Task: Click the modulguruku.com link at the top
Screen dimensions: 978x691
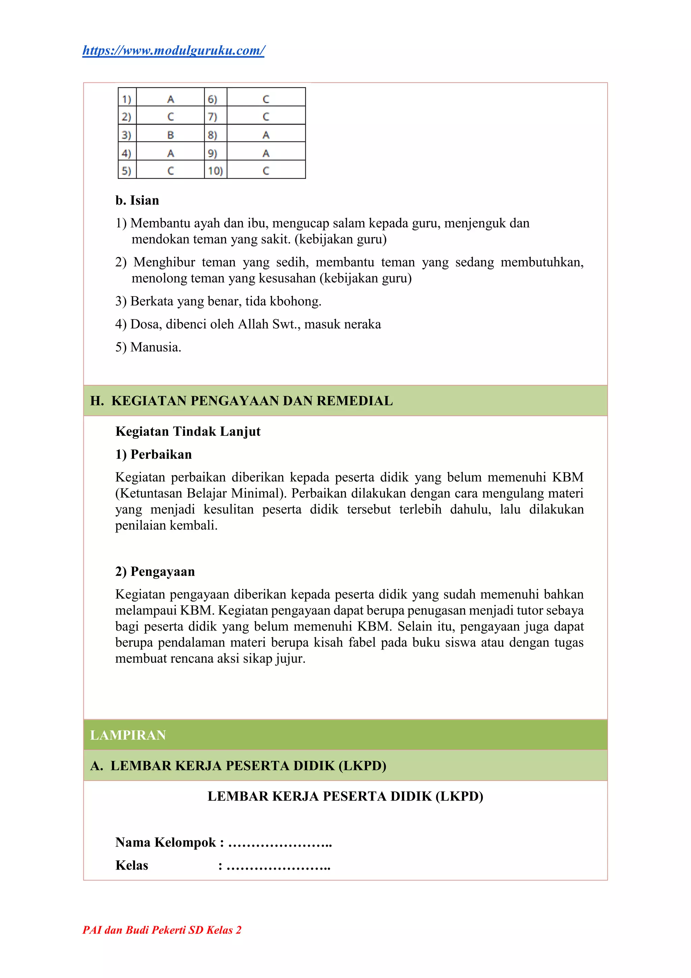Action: pos(173,51)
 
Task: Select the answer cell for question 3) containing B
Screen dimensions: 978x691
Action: pos(170,135)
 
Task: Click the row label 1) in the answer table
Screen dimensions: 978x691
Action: pos(127,99)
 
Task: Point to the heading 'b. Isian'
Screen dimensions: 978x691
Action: pos(137,200)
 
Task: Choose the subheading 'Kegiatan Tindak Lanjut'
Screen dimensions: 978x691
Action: pos(188,431)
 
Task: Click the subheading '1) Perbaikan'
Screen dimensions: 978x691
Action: pos(153,454)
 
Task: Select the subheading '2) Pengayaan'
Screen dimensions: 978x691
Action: pos(155,571)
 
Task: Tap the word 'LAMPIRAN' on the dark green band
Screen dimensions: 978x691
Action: pos(128,735)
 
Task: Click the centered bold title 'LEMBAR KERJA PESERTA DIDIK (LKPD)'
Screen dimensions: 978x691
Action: pos(345,796)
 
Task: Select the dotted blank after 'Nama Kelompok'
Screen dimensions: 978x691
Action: pos(280,843)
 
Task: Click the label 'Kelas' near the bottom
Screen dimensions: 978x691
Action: pos(132,866)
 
